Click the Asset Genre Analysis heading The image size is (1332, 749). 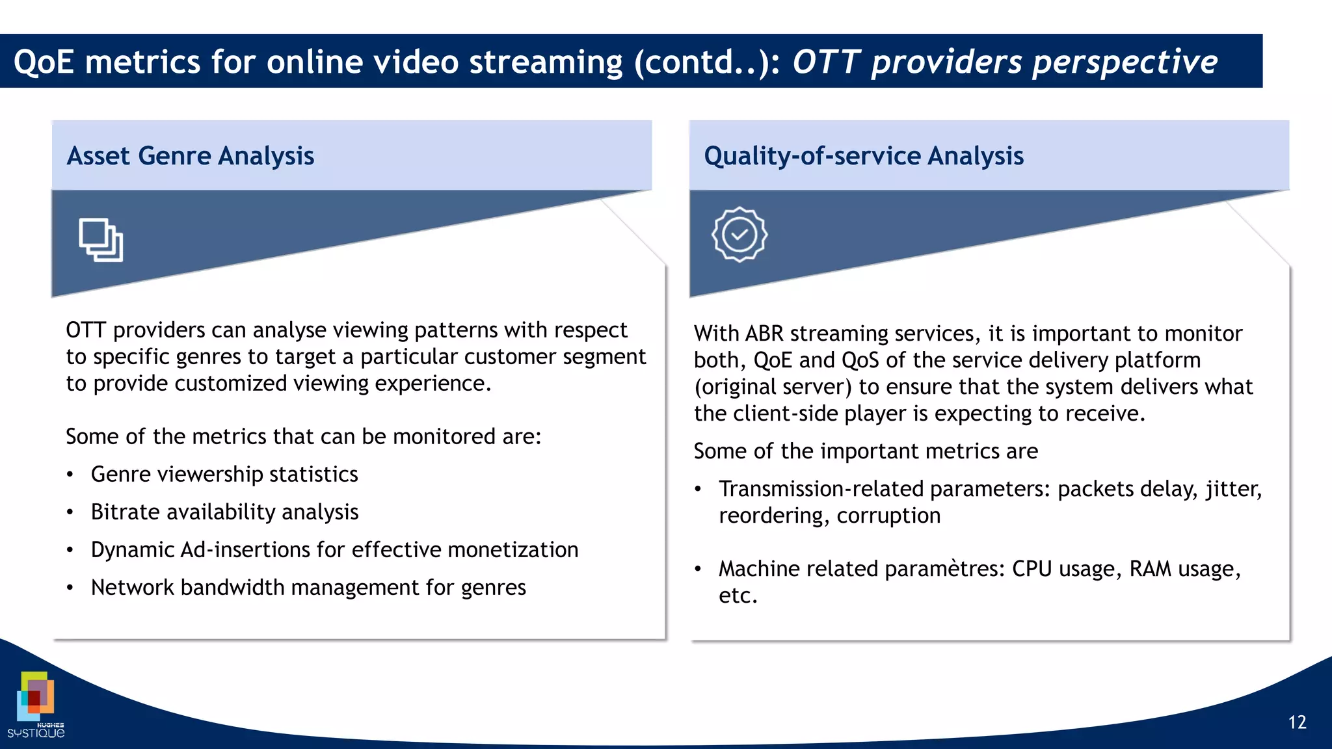190,156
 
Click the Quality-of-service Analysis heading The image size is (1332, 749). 863,156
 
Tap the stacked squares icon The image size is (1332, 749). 101,240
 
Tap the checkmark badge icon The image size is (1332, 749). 739,235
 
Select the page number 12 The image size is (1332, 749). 1297,722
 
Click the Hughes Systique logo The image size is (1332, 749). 36,705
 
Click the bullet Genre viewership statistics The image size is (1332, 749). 224,475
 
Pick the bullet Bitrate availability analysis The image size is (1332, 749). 224,512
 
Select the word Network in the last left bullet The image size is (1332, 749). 132,588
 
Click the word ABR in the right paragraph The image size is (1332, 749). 764,334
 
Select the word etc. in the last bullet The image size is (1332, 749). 738,596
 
